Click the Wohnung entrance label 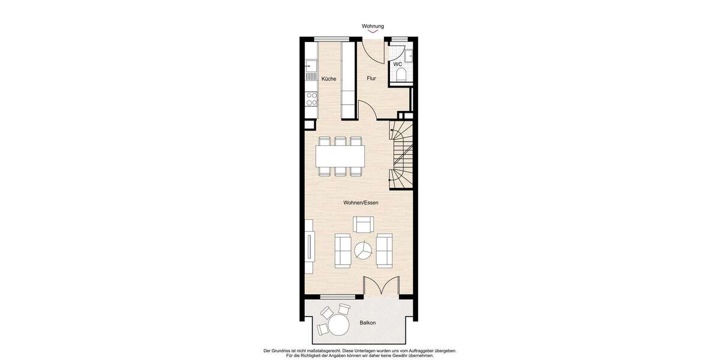(x=373, y=26)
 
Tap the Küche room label (x=328, y=79)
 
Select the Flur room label (x=371, y=79)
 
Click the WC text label (x=397, y=64)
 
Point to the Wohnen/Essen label (x=361, y=203)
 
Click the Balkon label (x=368, y=323)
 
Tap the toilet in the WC (x=401, y=74)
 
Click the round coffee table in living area (x=362, y=250)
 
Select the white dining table (x=340, y=157)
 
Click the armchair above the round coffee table (x=363, y=225)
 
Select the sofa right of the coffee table (x=384, y=250)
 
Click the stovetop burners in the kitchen (x=311, y=99)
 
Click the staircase (x=401, y=155)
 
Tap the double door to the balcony (x=382, y=287)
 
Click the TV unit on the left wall (x=309, y=246)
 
